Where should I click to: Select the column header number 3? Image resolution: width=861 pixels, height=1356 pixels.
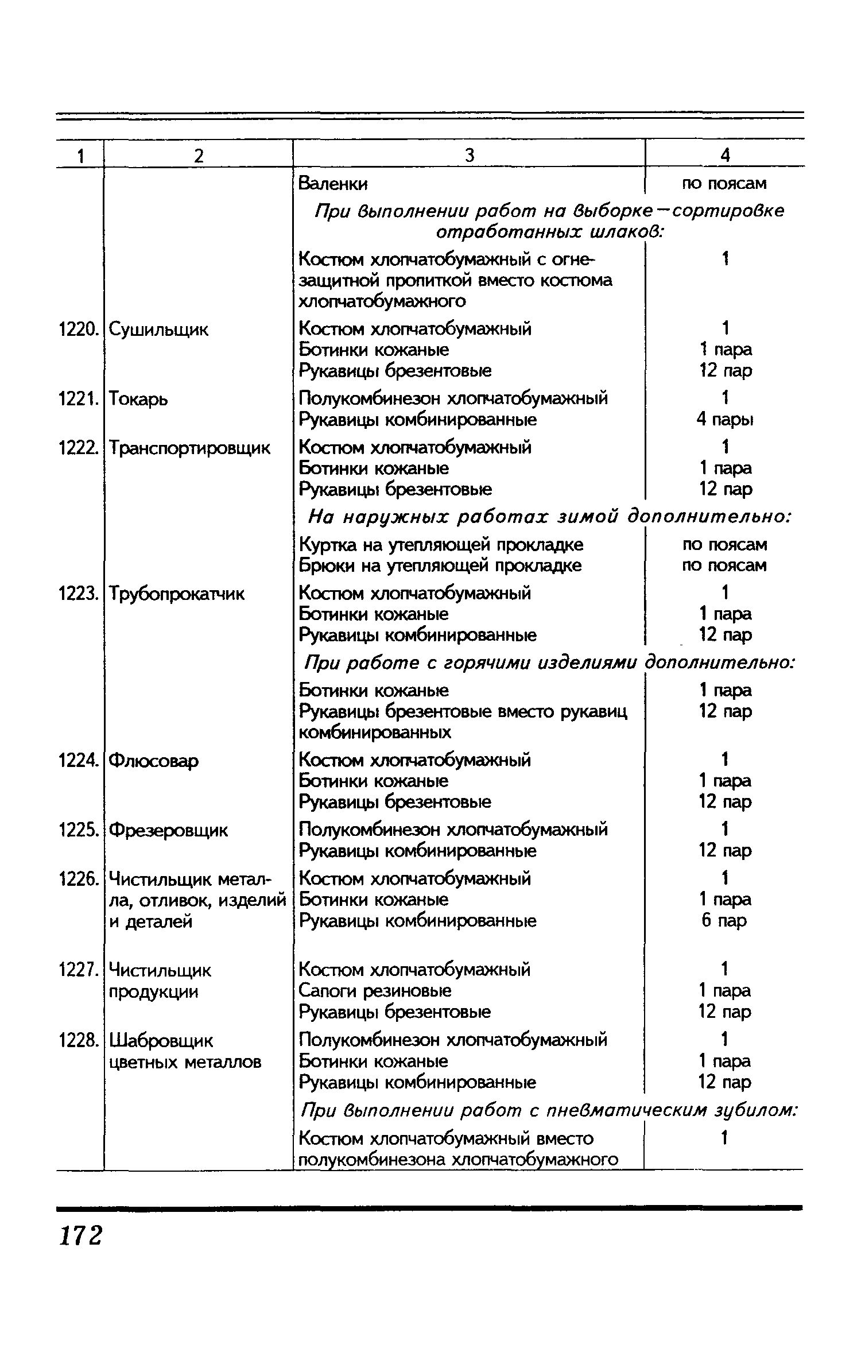[x=470, y=156]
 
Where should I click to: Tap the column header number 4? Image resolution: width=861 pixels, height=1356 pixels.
[x=725, y=156]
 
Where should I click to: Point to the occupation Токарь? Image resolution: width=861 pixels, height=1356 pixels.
[x=138, y=398]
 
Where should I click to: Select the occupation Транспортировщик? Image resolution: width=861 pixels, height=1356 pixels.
[x=189, y=448]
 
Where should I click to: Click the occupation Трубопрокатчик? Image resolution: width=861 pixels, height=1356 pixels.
[x=176, y=594]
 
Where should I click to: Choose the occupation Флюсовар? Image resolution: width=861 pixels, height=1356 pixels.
[x=153, y=761]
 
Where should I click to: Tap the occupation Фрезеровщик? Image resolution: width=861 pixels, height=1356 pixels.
[x=168, y=830]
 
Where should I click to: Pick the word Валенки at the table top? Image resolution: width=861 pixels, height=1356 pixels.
[x=333, y=184]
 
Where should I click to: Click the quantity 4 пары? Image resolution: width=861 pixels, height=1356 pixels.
[x=725, y=420]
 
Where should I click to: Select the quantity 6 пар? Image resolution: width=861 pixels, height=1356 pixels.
[x=724, y=920]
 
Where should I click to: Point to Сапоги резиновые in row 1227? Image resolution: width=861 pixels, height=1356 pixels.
[x=375, y=990]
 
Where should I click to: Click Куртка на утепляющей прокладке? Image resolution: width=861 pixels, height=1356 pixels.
[x=441, y=544]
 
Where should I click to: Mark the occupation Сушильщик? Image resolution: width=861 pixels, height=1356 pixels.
[x=158, y=330]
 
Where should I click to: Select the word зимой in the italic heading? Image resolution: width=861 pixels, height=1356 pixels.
[x=587, y=517]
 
